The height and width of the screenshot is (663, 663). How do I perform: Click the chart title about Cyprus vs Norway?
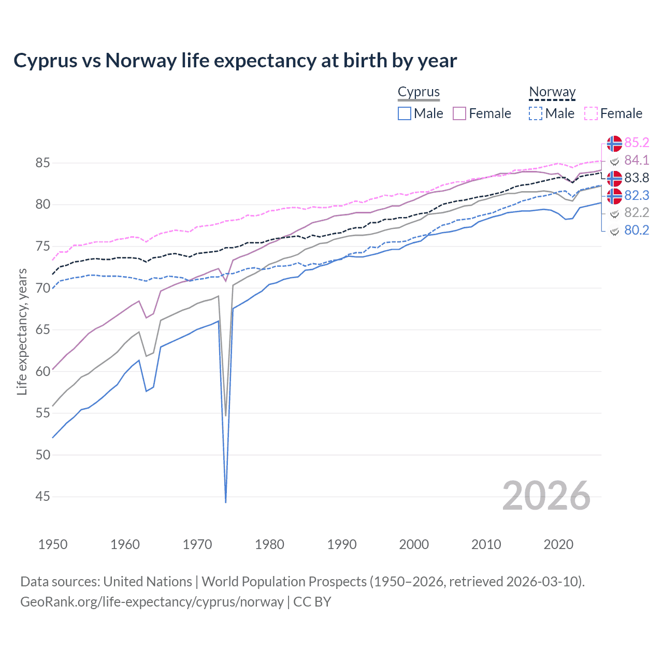[x=235, y=61]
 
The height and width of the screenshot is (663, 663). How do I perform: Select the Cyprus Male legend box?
[x=405, y=113]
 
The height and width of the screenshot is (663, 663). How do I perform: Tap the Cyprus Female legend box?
[x=459, y=113]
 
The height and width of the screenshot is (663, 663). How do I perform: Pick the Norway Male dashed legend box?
[x=536, y=113]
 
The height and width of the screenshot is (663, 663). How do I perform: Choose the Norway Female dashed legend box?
[x=591, y=113]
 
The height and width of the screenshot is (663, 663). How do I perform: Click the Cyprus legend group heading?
[x=419, y=92]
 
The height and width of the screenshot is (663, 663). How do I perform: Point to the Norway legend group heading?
[x=552, y=92]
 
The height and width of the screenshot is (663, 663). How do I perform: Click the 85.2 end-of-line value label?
[x=637, y=142]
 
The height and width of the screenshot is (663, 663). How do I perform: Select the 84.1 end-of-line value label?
[x=637, y=160]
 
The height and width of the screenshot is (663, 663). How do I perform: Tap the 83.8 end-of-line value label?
[x=637, y=178]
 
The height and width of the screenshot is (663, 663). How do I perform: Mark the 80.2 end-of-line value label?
[x=637, y=230]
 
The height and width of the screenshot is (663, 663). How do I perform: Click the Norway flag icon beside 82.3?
[x=614, y=196]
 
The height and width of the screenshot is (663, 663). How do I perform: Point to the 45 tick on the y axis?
[x=42, y=496]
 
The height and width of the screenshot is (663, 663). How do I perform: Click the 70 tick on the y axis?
[x=42, y=288]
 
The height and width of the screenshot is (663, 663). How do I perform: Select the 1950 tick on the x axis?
[x=53, y=544]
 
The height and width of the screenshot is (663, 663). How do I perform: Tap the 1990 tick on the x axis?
[x=342, y=544]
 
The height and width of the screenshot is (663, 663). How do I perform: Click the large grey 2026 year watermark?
[x=546, y=496]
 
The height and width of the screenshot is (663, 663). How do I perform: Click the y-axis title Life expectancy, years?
[x=22, y=331]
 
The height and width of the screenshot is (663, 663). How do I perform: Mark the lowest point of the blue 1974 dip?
[x=226, y=502]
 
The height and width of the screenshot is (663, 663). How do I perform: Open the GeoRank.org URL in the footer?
[x=152, y=602]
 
